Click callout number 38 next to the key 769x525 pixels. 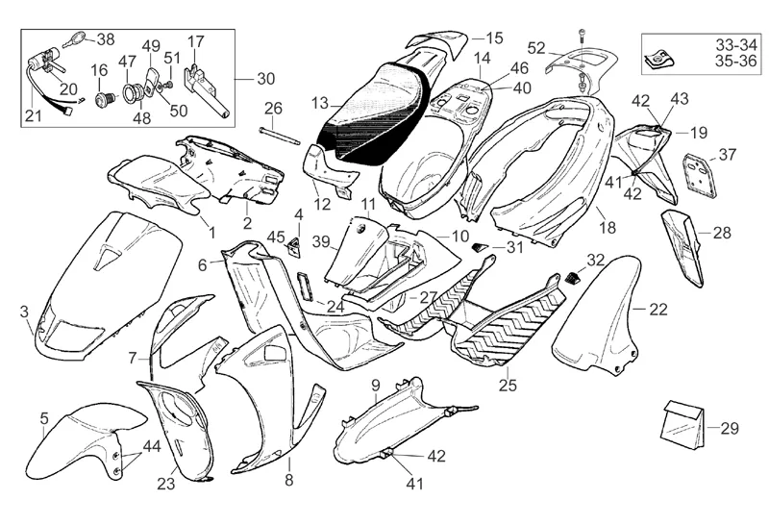click(105, 39)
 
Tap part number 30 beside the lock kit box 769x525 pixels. click(265, 79)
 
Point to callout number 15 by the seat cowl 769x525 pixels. click(493, 38)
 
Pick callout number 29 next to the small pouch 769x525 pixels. click(730, 427)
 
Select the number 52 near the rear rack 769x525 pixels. click(536, 47)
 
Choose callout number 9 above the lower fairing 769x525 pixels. click(375, 385)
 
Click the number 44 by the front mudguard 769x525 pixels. click(151, 445)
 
